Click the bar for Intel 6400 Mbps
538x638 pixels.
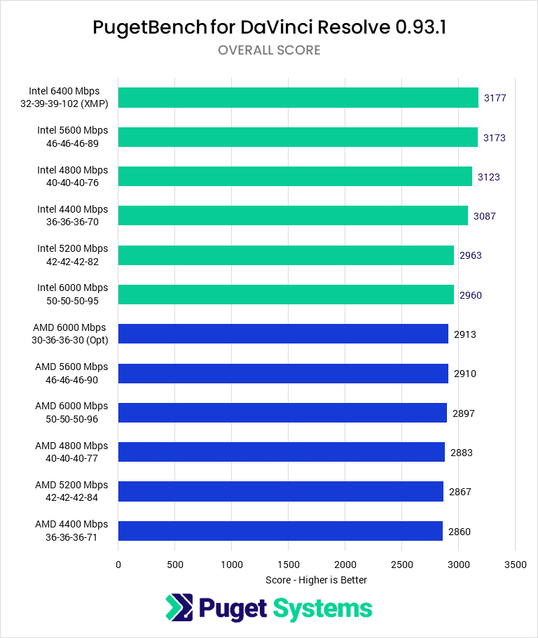pyautogui.click(x=298, y=97)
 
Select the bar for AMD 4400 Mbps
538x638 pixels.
pyautogui.click(x=280, y=531)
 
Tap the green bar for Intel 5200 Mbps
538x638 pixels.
pyautogui.click(x=286, y=255)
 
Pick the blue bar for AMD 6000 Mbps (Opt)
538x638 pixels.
pyautogui.click(x=283, y=334)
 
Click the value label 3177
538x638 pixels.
pyautogui.click(x=495, y=98)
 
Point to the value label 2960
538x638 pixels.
pyautogui.click(x=471, y=295)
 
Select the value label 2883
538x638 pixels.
pyautogui.click(x=462, y=453)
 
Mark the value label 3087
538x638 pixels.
pyautogui.click(x=484, y=216)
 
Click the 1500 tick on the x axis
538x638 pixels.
pyautogui.click(x=289, y=564)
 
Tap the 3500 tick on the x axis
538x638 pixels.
pyautogui.click(x=515, y=564)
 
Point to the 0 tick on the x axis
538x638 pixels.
pyautogui.click(x=118, y=564)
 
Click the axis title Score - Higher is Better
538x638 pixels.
pyautogui.click(x=317, y=580)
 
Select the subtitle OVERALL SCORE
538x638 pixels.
pyautogui.click(x=269, y=50)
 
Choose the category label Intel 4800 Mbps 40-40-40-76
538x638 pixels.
pyautogui.click(x=73, y=176)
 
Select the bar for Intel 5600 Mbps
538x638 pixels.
pyautogui.click(x=298, y=137)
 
